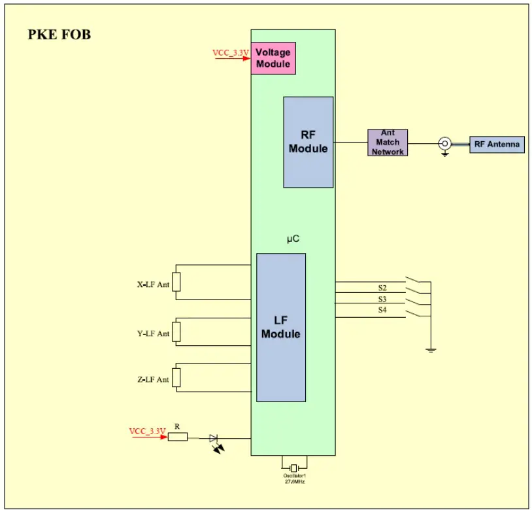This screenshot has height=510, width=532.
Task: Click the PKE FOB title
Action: pyautogui.click(x=59, y=35)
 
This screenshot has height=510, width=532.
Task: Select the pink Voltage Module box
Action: pyautogui.click(x=273, y=58)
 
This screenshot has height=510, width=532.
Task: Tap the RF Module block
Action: pyautogui.click(x=308, y=142)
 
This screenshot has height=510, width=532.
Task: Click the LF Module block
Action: pyautogui.click(x=280, y=327)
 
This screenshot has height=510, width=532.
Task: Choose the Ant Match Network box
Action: pyautogui.click(x=388, y=143)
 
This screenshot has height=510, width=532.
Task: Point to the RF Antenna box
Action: pyautogui.click(x=497, y=144)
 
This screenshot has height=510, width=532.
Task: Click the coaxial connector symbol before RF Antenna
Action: pyautogui.click(x=444, y=143)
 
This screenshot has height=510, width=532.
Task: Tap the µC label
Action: pyautogui.click(x=293, y=239)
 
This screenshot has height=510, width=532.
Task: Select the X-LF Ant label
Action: pyautogui.click(x=153, y=284)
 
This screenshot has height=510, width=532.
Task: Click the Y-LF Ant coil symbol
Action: pyautogui.click(x=176, y=331)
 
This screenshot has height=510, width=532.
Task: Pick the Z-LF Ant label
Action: pyautogui.click(x=153, y=379)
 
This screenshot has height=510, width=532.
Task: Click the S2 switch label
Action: pyautogui.click(x=382, y=288)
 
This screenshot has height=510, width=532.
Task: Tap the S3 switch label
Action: pyautogui.click(x=382, y=299)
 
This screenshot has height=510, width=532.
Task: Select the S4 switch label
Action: pyautogui.click(x=382, y=310)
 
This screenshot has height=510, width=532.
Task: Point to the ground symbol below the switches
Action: pyautogui.click(x=431, y=350)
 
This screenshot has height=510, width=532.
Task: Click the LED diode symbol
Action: pyautogui.click(x=214, y=439)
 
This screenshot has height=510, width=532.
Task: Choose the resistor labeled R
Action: pyautogui.click(x=178, y=437)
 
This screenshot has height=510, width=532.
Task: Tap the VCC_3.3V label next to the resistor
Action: pyautogui.click(x=147, y=431)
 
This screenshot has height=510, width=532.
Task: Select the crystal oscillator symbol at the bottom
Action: pyautogui.click(x=293, y=467)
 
